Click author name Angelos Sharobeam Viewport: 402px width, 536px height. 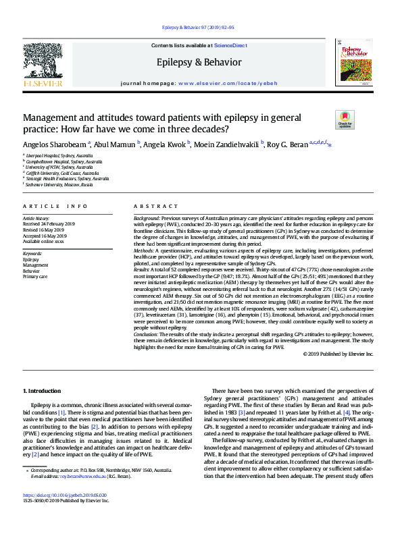click(x=55, y=144)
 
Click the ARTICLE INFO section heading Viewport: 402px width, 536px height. click(x=55, y=206)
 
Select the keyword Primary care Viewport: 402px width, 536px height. click(x=35, y=277)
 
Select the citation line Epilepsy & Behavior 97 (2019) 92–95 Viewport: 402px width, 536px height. click(x=199, y=27)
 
